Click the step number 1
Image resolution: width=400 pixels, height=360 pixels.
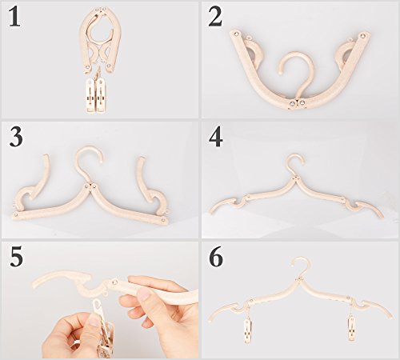tap(14, 17)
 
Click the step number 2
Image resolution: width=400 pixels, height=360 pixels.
tap(215, 17)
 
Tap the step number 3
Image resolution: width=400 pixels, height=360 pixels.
tap(16, 136)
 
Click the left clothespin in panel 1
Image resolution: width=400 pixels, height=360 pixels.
tap(91, 94)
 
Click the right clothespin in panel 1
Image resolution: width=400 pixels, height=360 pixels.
tap(102, 94)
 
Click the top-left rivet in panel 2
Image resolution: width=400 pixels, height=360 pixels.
tap(237, 34)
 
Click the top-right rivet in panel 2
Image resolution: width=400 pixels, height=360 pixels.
tap(362, 35)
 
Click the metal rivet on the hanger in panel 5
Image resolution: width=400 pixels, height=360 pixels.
tap(115, 282)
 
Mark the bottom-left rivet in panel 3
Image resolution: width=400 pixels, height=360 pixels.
tap(16, 214)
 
